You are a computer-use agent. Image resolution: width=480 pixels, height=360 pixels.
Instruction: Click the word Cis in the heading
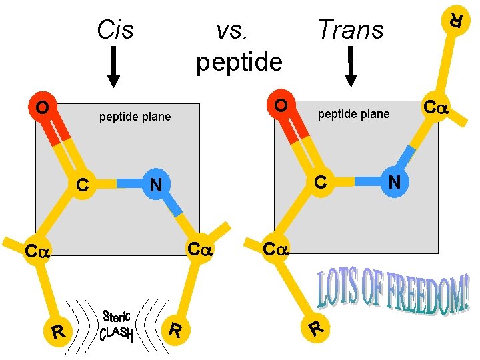[115, 29]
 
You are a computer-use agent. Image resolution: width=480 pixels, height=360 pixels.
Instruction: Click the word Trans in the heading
[351, 29]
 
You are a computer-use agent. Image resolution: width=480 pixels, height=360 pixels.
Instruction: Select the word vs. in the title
[234, 29]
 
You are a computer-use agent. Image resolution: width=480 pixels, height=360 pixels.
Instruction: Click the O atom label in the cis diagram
[42, 107]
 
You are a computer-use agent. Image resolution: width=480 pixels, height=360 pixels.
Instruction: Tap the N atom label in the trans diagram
[394, 181]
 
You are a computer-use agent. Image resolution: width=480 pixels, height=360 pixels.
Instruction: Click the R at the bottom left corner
[59, 330]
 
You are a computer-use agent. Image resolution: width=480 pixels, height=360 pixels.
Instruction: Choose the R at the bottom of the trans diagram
[318, 328]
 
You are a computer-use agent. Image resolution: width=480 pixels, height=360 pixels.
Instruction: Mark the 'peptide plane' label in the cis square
[135, 117]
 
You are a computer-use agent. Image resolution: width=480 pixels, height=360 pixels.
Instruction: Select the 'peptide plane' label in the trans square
[353, 114]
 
